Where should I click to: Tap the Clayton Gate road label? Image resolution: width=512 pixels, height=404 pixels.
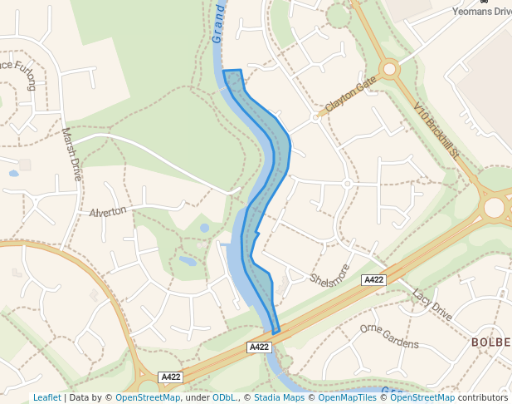pyautogui.click(x=351, y=94)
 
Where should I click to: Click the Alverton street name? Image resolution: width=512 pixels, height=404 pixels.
pyautogui.click(x=108, y=211)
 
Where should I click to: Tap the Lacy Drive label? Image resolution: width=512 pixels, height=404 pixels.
pyautogui.click(x=432, y=305)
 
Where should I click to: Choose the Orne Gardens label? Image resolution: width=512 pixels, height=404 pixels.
pyautogui.click(x=389, y=336)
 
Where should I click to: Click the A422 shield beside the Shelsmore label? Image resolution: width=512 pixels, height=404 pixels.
pyautogui.click(x=374, y=280)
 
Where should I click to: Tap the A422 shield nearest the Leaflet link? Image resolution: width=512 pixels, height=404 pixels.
pyautogui.click(x=170, y=377)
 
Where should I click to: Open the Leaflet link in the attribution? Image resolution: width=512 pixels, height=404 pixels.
pyautogui.click(x=46, y=397)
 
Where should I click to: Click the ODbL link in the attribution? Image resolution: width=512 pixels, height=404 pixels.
pyautogui.click(x=223, y=397)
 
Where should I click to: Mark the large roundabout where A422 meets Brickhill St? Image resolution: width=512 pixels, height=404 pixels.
pyautogui.click(x=495, y=207)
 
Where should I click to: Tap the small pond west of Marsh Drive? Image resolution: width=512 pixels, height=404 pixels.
pyautogui.click(x=13, y=174)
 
